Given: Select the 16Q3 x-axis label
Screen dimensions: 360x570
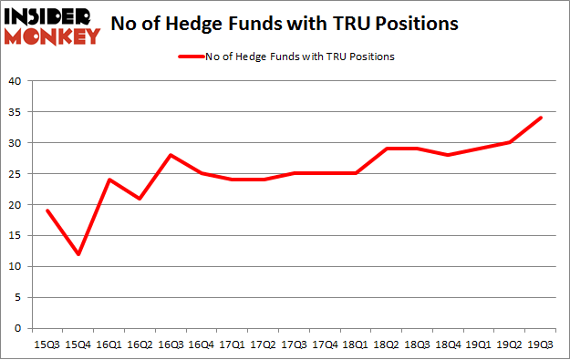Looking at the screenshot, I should pyautogui.click(x=170, y=344).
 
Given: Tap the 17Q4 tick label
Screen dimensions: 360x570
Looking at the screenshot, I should pyautogui.click(x=324, y=344).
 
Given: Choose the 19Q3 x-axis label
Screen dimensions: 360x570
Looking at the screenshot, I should pyautogui.click(x=540, y=344).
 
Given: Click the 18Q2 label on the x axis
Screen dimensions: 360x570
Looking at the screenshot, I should pyautogui.click(x=386, y=344).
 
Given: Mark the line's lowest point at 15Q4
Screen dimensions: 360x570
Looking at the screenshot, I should pyautogui.click(x=78, y=254).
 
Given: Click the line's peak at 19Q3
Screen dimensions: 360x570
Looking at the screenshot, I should pyautogui.click(x=540, y=118).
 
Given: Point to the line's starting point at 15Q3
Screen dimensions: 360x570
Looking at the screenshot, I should pyautogui.click(x=47, y=211).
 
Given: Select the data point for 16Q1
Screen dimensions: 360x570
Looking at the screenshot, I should pyautogui.click(x=109, y=180).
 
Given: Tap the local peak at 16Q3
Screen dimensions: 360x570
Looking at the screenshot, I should pyautogui.click(x=170, y=155).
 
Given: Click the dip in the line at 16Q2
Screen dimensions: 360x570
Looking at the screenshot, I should pyautogui.click(x=140, y=199).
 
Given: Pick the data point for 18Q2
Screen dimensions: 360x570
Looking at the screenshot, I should pyautogui.click(x=386, y=149).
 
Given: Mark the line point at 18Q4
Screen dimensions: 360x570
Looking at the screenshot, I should pyautogui.click(x=448, y=155).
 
